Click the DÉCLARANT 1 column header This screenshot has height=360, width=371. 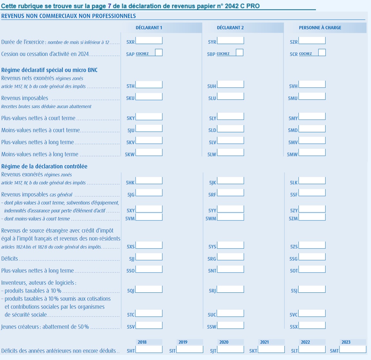pos(149,28)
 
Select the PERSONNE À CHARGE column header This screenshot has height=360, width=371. pos(320,28)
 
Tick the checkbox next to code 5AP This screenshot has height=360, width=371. pos(159,52)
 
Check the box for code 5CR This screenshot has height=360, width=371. pos(322,52)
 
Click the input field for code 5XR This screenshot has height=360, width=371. pos(149,41)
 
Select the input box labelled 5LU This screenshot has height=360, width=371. pos(231,97)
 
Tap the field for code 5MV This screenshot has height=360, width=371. pos(312,141)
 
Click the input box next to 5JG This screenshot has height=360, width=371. pos(149,193)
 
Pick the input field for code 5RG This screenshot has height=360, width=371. pos(231,257)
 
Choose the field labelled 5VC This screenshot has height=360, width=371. pos(312,313)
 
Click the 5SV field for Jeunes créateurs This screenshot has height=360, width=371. pos(149,325)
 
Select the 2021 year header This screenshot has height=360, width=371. pos(264,342)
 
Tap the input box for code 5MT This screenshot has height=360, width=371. pos(353,349)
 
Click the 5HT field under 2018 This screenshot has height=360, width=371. pos(149,349)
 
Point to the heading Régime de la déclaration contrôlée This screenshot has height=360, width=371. pos(44,166)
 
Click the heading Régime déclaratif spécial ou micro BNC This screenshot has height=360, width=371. pos(49,70)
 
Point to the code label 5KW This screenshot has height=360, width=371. pos(130,155)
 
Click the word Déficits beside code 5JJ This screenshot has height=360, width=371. pos(10,259)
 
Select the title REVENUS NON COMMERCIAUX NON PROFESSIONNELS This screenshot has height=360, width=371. pos(69,16)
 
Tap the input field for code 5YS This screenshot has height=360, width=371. pos(231,245)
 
